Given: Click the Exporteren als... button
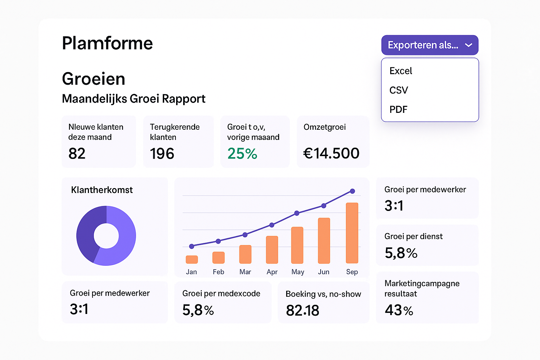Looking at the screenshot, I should click(430, 45).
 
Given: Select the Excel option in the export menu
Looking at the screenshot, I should click(401, 71).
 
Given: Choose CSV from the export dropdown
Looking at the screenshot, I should click(399, 90).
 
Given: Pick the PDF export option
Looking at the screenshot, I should click(398, 110).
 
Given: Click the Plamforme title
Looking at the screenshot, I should click(107, 43).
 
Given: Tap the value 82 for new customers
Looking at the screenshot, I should click(77, 154).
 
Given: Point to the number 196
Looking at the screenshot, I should click(162, 154).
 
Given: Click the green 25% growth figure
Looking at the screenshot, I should click(242, 154).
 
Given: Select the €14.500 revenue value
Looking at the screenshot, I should click(331, 153).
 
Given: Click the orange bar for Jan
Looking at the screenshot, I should click(192, 259).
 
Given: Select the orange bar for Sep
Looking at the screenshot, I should click(352, 233).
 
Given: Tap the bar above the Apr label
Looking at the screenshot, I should click(272, 250).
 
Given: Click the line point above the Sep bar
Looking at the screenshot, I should click(352, 191).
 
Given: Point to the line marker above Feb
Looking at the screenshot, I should click(218, 241).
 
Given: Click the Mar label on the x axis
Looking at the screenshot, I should click(245, 272).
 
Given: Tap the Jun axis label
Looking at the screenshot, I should click(323, 272).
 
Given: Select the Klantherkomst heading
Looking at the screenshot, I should click(102, 190).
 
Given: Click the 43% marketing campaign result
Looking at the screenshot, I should click(399, 310).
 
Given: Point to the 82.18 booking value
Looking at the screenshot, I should click(302, 310).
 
